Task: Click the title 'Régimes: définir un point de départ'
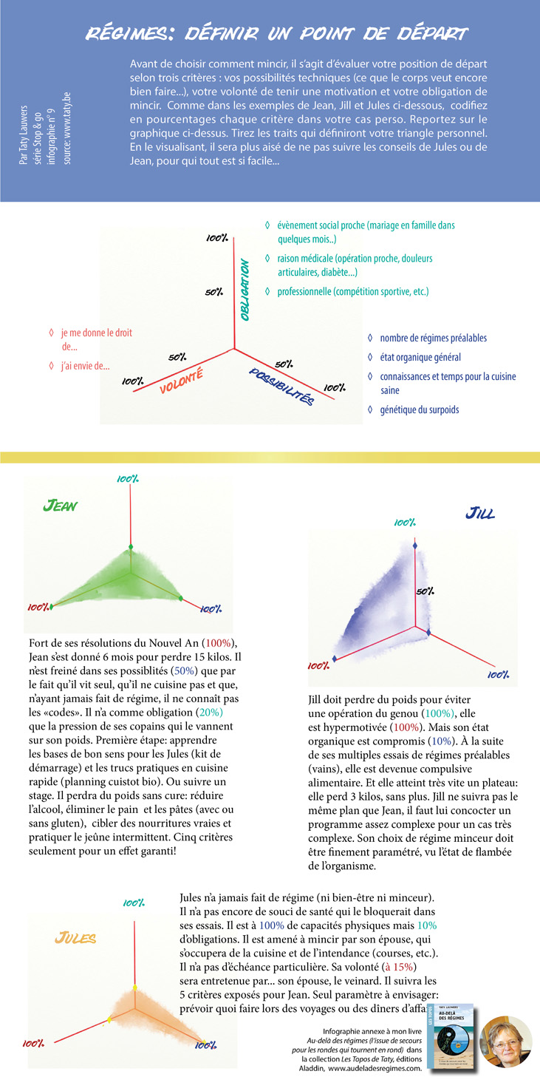pyautogui.click(x=276, y=34)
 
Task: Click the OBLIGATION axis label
pyautogui.click(x=245, y=289)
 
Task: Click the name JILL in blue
pyautogui.click(x=480, y=512)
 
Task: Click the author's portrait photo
pyautogui.click(x=505, y=1041)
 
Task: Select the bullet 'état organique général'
pyautogui.click(x=420, y=357)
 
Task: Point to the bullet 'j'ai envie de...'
pyautogui.click(x=85, y=365)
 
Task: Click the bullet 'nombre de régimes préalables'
pyautogui.click(x=433, y=338)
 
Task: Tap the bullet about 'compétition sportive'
pyautogui.click(x=352, y=292)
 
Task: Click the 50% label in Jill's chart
pyautogui.click(x=424, y=591)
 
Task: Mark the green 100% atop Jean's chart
pyautogui.click(x=127, y=479)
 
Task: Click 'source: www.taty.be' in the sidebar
pyautogui.click(x=67, y=140)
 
